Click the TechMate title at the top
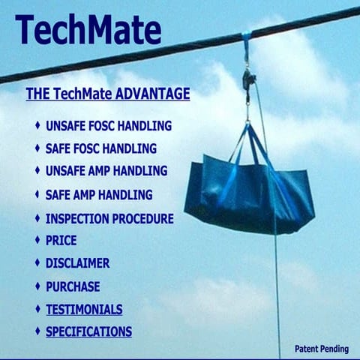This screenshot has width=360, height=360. (88, 31)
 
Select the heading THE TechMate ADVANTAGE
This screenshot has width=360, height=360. (107, 94)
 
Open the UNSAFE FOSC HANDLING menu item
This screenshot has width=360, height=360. (108, 125)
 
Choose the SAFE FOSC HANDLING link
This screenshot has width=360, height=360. (100, 148)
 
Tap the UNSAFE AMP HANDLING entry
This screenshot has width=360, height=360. (106, 171)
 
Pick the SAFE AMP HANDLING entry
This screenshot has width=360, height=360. (98, 195)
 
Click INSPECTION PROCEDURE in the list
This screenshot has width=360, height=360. (109, 219)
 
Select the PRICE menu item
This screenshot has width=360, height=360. (61, 241)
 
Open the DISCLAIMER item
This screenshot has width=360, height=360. (77, 263)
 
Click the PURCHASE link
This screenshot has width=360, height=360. (72, 286)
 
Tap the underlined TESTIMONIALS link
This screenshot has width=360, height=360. (83, 309)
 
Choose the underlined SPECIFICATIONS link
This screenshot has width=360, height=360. (88, 331)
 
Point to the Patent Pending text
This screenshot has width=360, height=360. (321, 349)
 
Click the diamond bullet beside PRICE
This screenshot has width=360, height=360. (37, 241)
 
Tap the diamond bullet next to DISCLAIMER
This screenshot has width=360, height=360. (37, 263)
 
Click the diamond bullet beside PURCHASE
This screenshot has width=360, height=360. (37, 286)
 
